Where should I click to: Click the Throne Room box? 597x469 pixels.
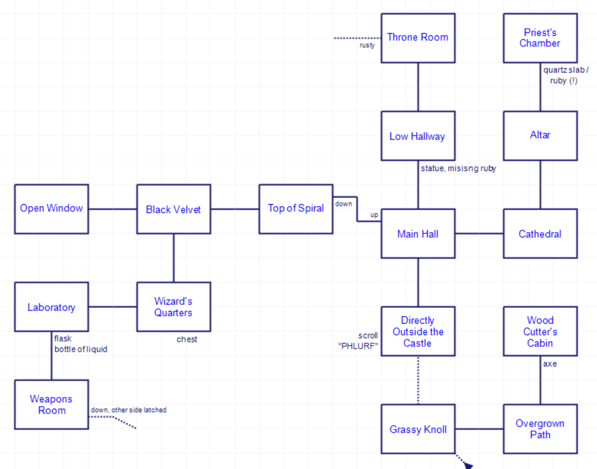tap(418, 38)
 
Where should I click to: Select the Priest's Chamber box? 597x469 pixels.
tap(540, 38)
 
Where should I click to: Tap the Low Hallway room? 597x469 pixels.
tap(418, 136)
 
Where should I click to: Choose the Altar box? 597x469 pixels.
tap(540, 136)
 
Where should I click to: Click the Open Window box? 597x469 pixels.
tap(51, 209)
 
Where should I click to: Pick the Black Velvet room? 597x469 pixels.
tap(174, 209)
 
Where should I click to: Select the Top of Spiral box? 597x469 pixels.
tap(296, 209)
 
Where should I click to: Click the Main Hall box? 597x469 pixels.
tap(418, 233)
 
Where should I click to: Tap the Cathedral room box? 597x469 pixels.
tap(540, 233)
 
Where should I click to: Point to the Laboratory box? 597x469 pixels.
tap(51, 307)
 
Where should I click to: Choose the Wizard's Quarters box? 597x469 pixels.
tap(174, 307)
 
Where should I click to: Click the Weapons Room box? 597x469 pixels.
tap(51, 404)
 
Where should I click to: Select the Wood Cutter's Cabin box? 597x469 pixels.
tap(540, 331)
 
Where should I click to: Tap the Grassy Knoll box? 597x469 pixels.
tap(418, 429)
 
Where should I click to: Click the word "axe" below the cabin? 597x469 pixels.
tap(550, 364)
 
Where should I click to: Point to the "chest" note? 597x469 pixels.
tap(187, 340)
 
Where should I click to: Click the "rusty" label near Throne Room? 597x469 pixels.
tap(367, 45)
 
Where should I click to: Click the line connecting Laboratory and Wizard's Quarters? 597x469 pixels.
tap(112, 307)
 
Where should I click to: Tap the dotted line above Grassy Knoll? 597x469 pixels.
tap(418, 380)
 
